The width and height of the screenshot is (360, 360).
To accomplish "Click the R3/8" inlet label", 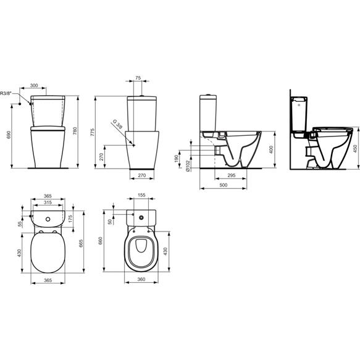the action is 6,93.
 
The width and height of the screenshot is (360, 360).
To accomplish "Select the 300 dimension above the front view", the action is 34,85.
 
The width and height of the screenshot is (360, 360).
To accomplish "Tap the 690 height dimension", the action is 9,135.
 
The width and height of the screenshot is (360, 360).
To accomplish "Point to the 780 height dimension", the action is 75,131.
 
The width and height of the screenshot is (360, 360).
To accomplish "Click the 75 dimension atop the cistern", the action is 138,78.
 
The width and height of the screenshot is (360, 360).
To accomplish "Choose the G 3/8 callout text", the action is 117,125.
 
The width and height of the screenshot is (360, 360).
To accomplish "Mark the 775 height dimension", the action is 92,133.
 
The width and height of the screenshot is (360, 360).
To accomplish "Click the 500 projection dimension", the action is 224,185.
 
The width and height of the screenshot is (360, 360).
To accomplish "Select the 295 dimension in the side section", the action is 232,175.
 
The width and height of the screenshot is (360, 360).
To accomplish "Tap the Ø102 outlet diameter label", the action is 188,165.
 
